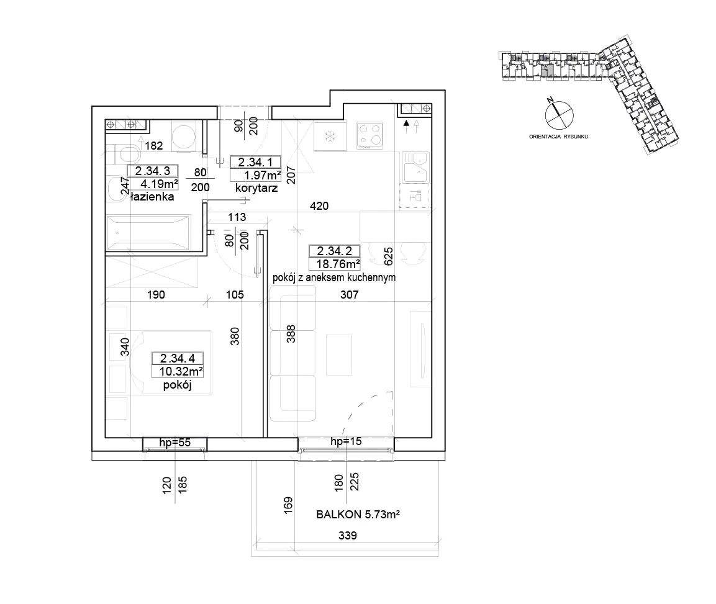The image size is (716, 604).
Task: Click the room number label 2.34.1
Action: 255,162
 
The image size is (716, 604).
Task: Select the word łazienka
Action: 152,197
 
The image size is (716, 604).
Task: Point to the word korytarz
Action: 256,187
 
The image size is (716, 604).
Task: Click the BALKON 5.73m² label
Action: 358,515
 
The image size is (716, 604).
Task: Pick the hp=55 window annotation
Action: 175,443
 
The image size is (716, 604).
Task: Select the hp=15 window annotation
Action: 346,441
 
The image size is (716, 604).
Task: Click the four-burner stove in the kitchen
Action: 369,135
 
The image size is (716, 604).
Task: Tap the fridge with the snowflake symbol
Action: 329,135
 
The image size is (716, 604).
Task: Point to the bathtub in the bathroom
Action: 148,233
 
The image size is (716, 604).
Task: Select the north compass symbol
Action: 559,114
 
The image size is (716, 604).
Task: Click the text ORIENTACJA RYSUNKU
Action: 558,137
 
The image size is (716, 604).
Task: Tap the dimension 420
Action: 319,206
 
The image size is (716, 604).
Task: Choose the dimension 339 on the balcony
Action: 348,535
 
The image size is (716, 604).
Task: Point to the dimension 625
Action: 388,256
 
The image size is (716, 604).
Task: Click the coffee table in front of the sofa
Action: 339,354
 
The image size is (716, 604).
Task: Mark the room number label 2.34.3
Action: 153,171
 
